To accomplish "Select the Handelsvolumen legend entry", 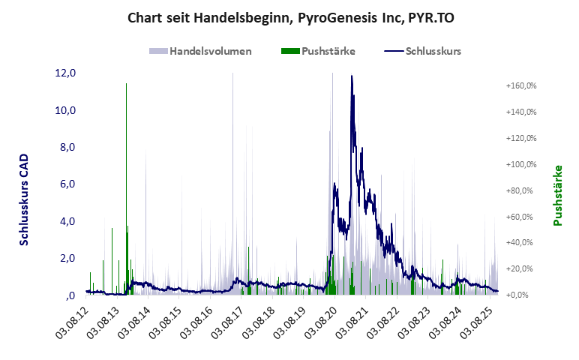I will [x=210, y=51].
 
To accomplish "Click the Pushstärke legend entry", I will [x=328, y=51].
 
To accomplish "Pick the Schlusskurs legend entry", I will [x=433, y=51].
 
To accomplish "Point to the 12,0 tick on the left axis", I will [x=66, y=73].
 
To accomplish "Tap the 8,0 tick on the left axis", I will [x=66, y=147].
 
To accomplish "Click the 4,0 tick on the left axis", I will [x=66, y=221].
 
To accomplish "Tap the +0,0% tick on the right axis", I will [x=524, y=295].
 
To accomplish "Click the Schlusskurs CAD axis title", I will [x=24, y=200].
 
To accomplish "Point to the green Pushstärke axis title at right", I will [x=557, y=195].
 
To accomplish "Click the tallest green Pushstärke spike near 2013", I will [x=126, y=84].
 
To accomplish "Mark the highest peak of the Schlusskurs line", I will [x=352, y=76].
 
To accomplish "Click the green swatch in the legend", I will [x=289, y=51].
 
